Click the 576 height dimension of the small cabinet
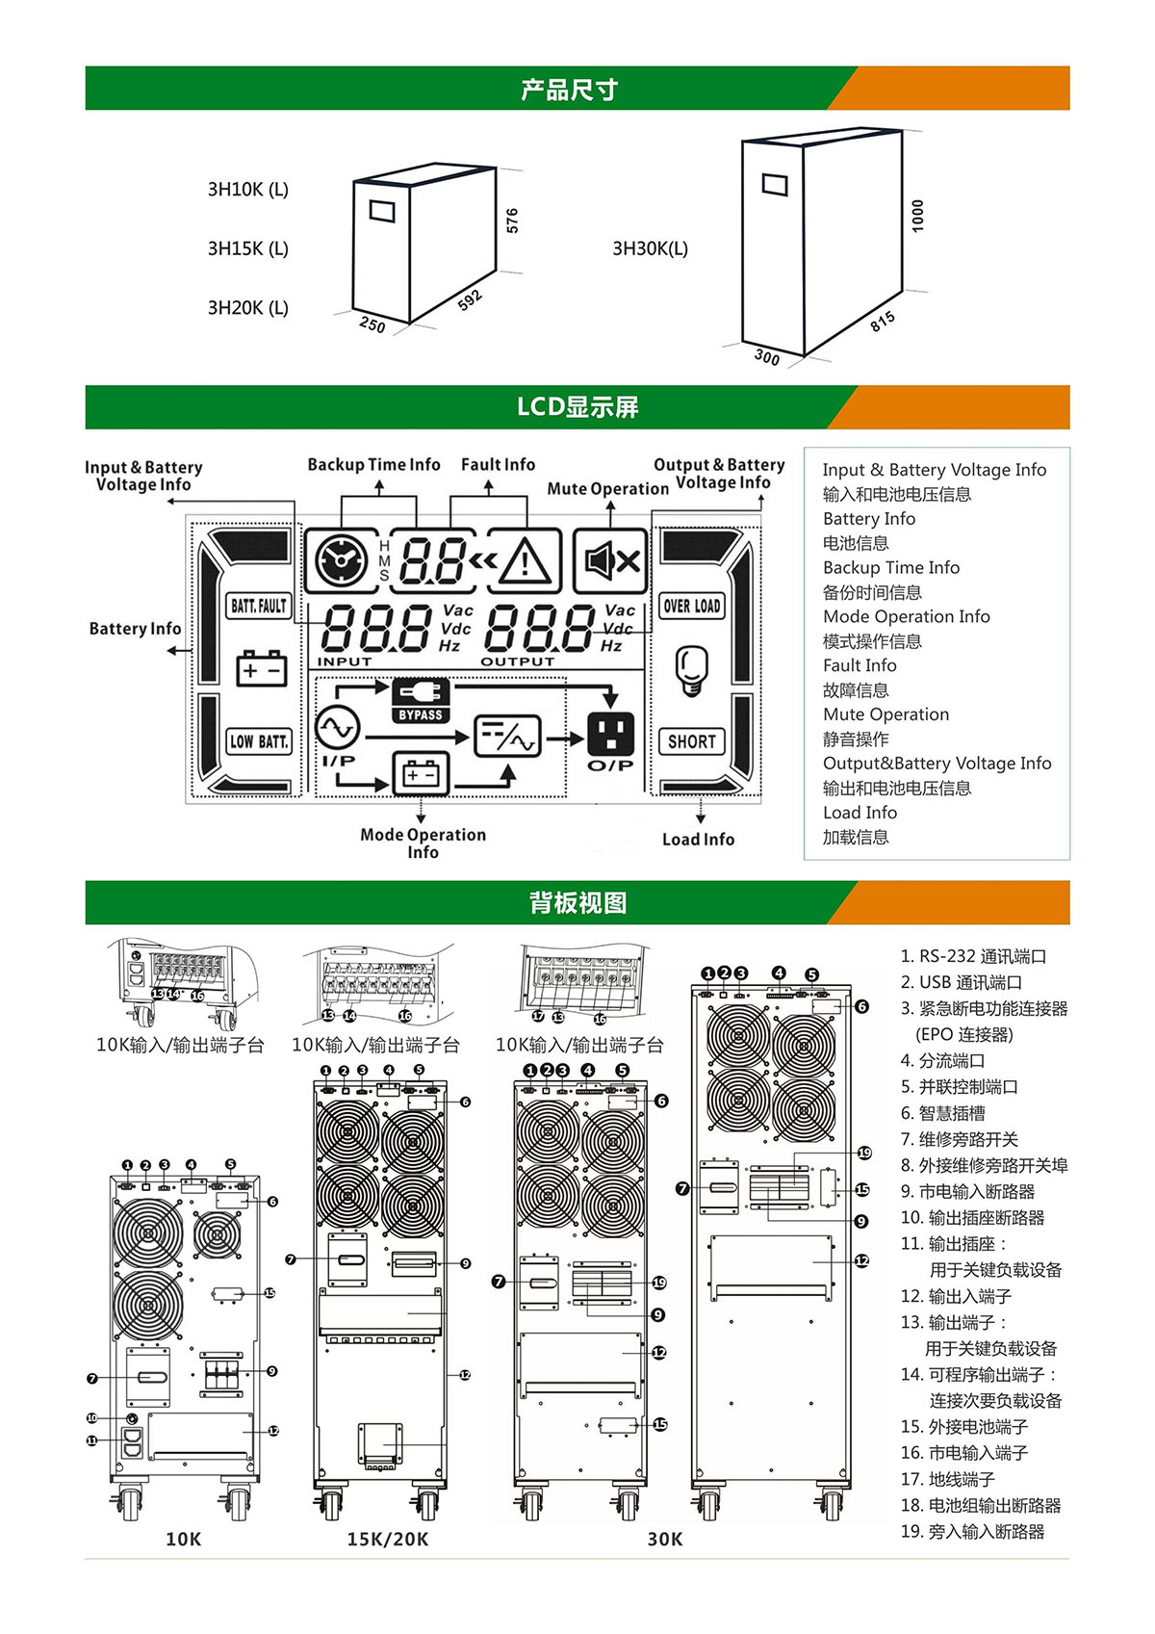[x=512, y=220]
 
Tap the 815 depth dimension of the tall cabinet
[x=883, y=322]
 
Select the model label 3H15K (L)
[x=248, y=248]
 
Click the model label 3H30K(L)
[x=651, y=248]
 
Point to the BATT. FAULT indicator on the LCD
[x=259, y=606]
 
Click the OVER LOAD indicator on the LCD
[x=691, y=606]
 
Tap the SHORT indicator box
[x=691, y=741]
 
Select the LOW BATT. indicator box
[x=259, y=741]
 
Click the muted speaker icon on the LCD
[x=611, y=560]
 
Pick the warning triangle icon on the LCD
[x=525, y=560]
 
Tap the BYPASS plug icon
[x=421, y=700]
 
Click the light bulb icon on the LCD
[x=691, y=670]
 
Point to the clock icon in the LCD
[x=342, y=560]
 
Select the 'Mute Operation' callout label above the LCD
[x=607, y=488]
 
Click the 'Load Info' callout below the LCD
[x=698, y=840]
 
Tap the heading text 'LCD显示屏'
[x=577, y=407]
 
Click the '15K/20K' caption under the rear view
[x=387, y=1539]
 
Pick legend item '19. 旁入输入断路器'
[x=972, y=1531]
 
